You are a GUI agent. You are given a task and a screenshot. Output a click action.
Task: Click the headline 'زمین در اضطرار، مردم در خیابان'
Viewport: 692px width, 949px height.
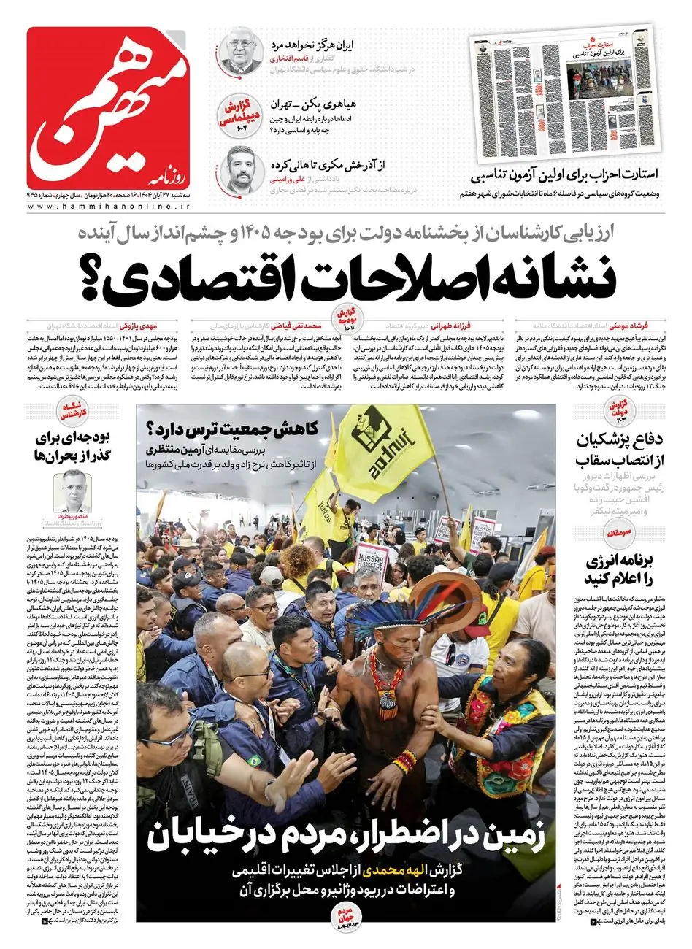click(347, 837)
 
